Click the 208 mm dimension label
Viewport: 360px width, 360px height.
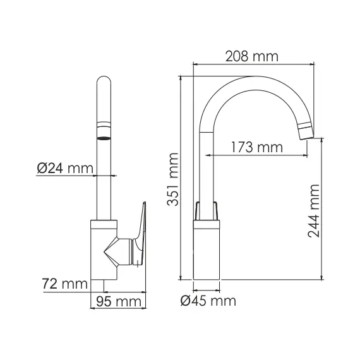click(x=252, y=56)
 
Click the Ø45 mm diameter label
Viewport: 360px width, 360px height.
click(x=208, y=301)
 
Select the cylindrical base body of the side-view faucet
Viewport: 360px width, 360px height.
click(x=207, y=253)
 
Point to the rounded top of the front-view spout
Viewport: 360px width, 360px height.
click(x=104, y=84)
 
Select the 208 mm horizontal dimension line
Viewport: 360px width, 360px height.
click(x=252, y=64)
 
